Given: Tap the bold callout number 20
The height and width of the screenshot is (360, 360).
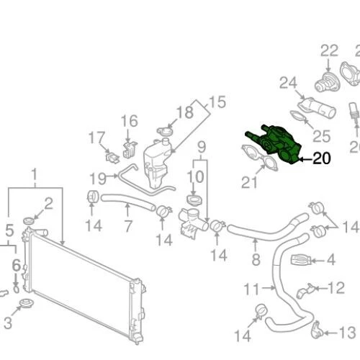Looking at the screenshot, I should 321,160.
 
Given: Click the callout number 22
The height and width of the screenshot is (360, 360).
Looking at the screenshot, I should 329,50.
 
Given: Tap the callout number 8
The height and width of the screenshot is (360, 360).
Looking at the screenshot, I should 256,260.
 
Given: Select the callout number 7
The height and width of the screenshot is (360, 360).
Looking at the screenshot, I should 127,226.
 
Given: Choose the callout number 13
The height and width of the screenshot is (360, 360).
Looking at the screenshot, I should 346,333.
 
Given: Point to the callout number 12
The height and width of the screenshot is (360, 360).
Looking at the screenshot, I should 336,288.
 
